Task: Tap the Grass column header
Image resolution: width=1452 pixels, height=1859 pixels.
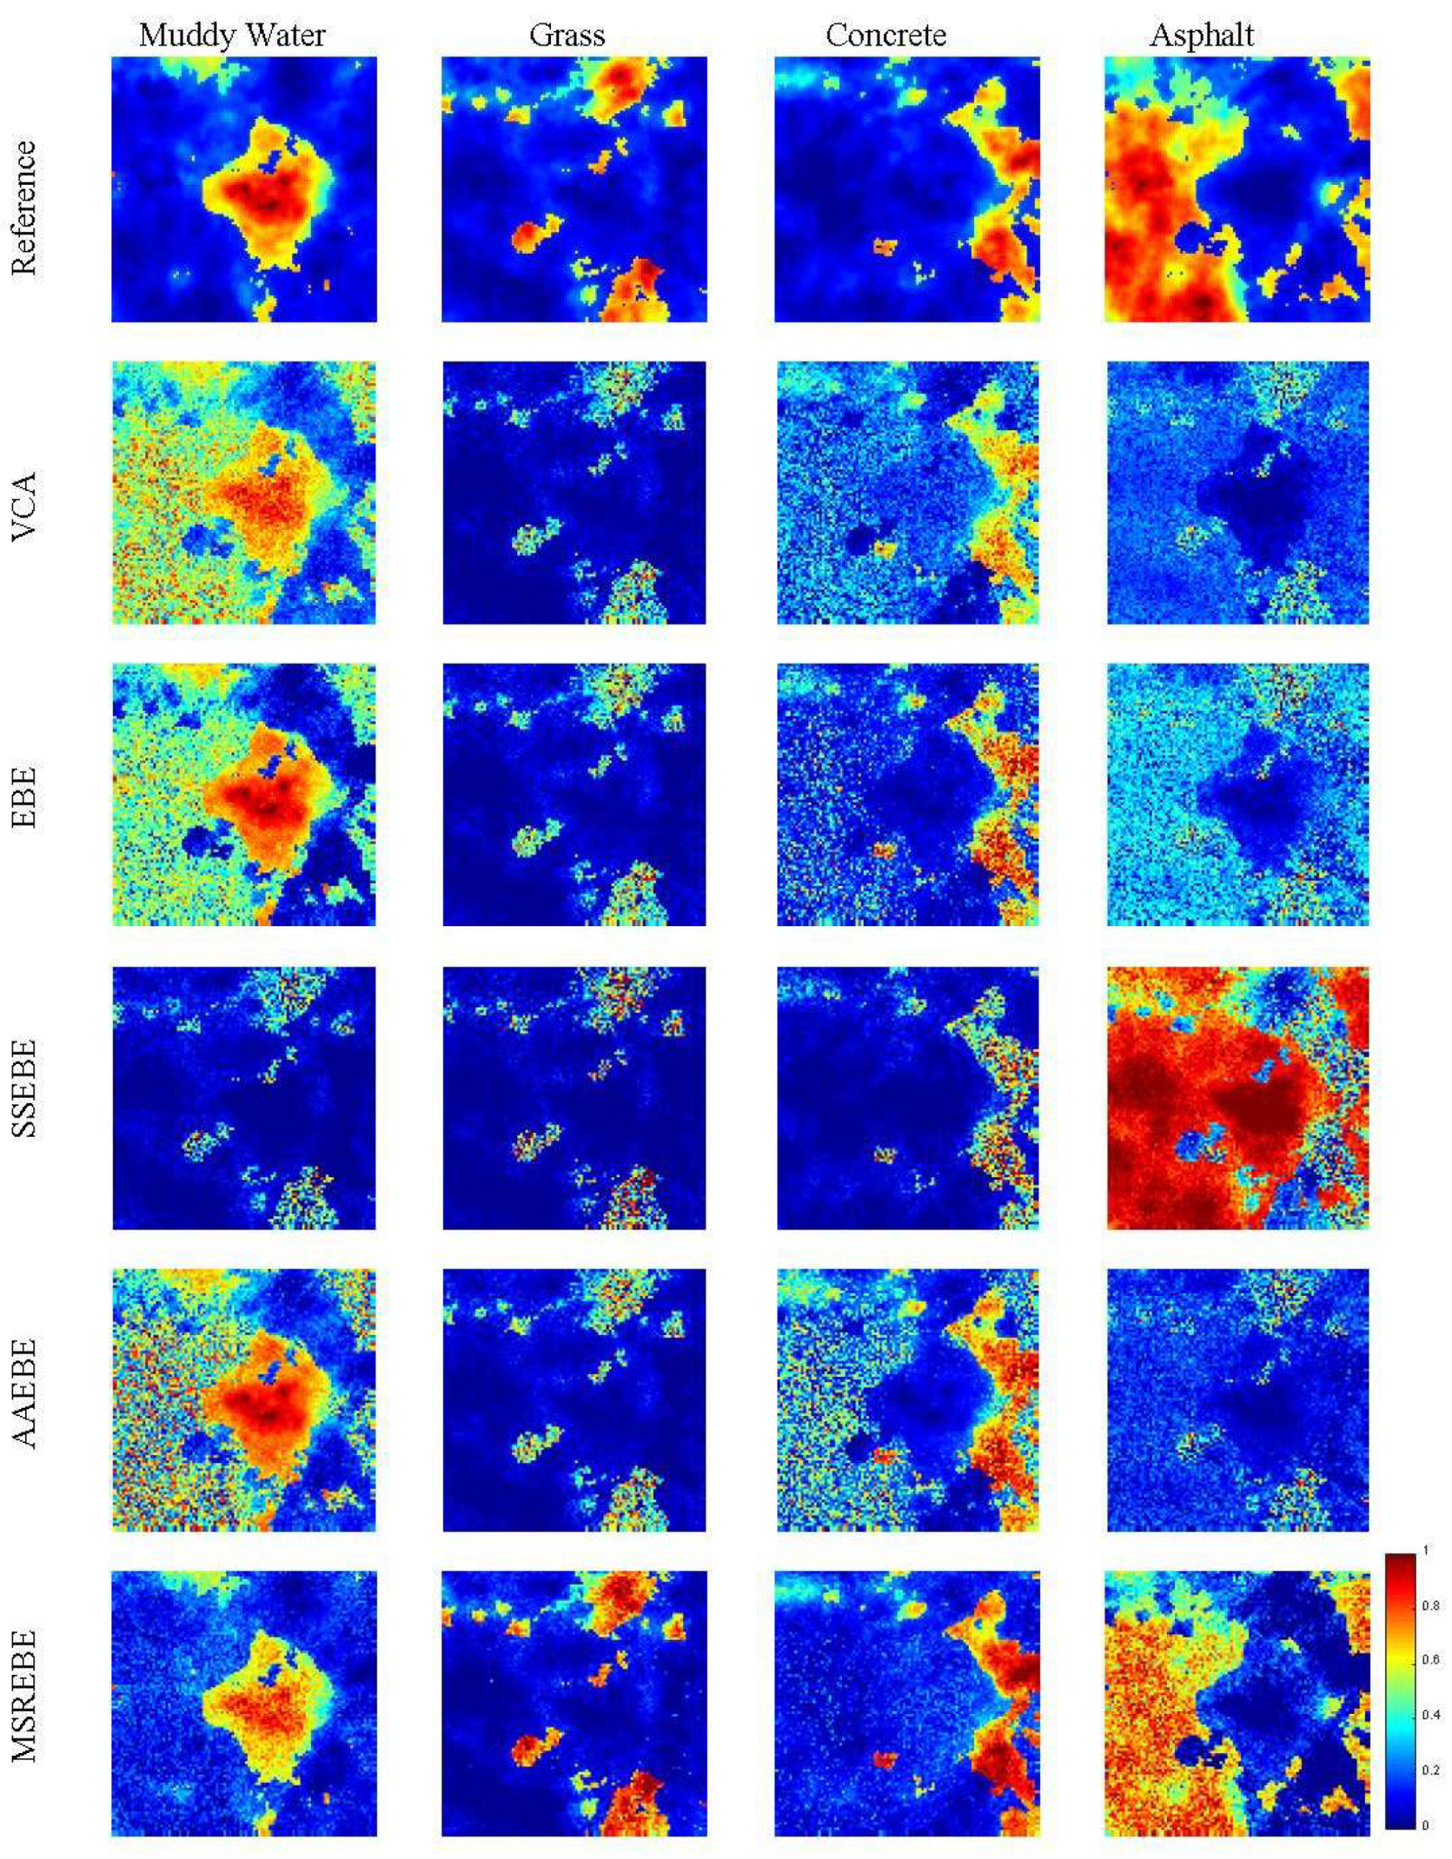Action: pyautogui.click(x=567, y=36)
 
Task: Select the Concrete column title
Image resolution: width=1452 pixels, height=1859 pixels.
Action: pyautogui.click(x=885, y=36)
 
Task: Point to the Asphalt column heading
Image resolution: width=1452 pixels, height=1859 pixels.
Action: pyautogui.click(x=1202, y=36)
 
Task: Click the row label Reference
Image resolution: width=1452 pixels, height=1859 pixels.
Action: pyautogui.click(x=26, y=207)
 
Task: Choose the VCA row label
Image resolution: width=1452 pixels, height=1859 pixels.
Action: pyautogui.click(x=26, y=495)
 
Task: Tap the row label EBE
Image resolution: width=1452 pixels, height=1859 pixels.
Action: pyautogui.click(x=26, y=795)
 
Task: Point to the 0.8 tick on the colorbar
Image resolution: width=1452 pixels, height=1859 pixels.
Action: pyautogui.click(x=1431, y=1605)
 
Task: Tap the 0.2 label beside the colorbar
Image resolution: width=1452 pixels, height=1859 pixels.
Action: pyautogui.click(x=1431, y=1771)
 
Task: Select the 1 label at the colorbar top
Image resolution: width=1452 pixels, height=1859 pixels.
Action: pyautogui.click(x=1426, y=1550)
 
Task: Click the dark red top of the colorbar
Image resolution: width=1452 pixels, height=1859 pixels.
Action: pyautogui.click(x=1399, y=1562)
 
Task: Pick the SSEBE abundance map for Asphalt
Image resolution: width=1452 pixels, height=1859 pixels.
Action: pyautogui.click(x=1238, y=1098)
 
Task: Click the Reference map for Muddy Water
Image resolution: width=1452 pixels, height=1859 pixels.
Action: pyautogui.click(x=245, y=189)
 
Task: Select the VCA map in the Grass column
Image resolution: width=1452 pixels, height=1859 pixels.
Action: pyautogui.click(x=574, y=493)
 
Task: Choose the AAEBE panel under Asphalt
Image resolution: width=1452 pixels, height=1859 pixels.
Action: pyautogui.click(x=1238, y=1400)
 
